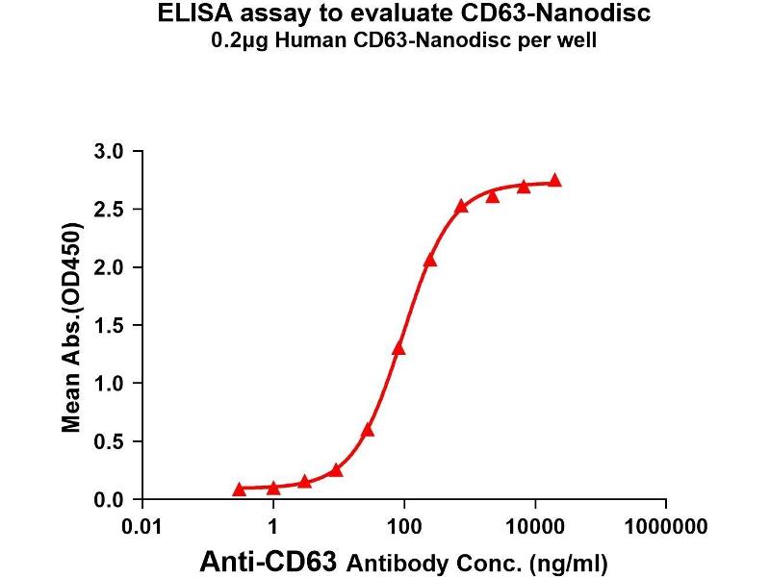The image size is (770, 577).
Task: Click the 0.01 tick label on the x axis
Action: pos(143,527)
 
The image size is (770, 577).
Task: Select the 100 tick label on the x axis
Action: pos(404,527)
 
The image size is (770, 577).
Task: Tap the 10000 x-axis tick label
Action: pos(535,527)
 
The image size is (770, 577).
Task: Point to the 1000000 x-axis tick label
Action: pos(666,527)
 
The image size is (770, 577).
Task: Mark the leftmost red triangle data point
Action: pos(239,489)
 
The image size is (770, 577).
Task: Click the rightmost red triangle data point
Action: pos(554,181)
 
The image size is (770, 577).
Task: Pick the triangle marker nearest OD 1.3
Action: pos(398,348)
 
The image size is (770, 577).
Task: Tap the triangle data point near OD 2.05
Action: pos(430,260)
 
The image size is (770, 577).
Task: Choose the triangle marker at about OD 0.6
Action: pos(368,430)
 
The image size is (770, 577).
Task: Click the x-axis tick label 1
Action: pos(274,527)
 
